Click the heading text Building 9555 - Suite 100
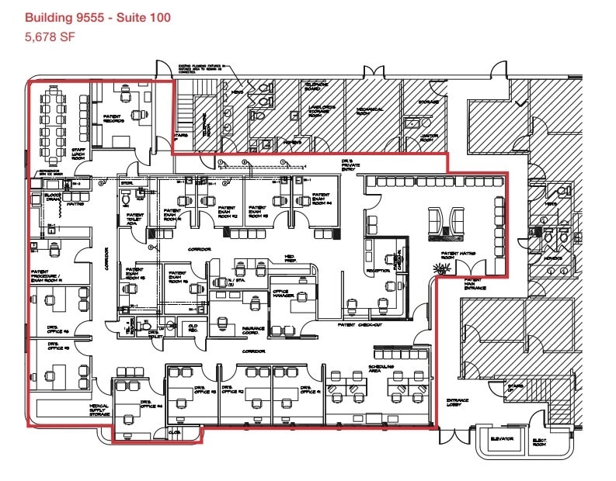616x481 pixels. (x=98, y=16)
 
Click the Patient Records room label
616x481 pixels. (x=114, y=119)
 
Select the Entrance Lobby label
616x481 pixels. (x=457, y=403)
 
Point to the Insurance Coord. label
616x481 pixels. (x=254, y=330)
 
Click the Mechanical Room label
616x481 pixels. (x=370, y=110)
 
